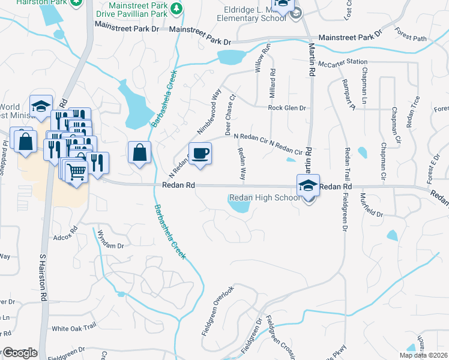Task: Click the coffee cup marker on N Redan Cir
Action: pos(200,154)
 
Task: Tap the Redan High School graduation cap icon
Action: pos(308,185)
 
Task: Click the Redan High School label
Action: pos(264,198)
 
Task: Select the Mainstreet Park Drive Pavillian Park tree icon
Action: pos(176,8)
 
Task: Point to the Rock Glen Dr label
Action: pos(287,108)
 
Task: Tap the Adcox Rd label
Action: pos(65,229)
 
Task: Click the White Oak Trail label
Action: pos(74,328)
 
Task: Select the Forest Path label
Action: pos(411,38)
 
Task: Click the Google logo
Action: pos(20,353)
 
